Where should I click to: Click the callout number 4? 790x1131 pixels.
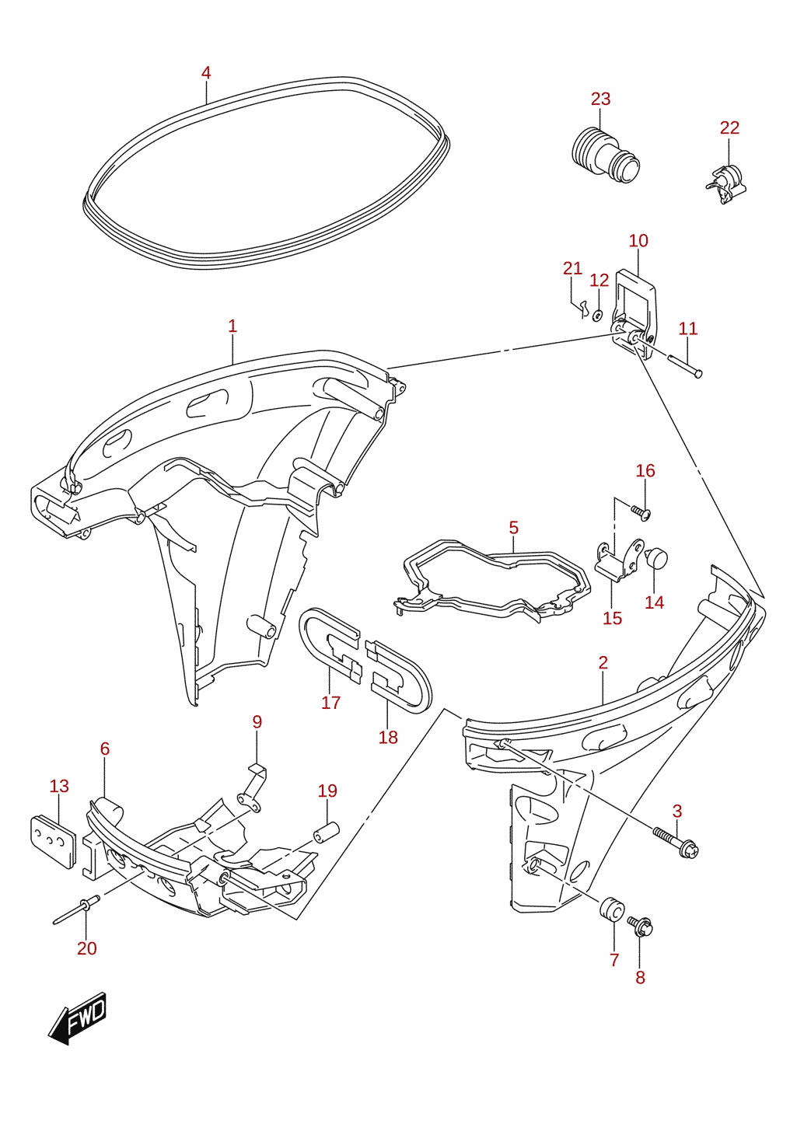click(x=205, y=73)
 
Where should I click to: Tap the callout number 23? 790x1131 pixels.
click(x=600, y=99)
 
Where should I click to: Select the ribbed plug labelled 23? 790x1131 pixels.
click(x=605, y=156)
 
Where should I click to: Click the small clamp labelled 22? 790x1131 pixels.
click(x=725, y=185)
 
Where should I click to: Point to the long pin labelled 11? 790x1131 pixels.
click(x=684, y=366)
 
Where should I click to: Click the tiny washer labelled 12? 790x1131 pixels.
click(x=597, y=316)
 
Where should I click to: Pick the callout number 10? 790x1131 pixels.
click(x=638, y=241)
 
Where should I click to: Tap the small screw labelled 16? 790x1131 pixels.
click(x=641, y=512)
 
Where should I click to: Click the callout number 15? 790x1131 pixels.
click(x=612, y=618)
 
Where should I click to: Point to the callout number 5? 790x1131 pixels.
click(x=513, y=528)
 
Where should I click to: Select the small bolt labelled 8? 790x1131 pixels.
click(x=641, y=926)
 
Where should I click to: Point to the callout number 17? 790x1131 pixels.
click(x=330, y=703)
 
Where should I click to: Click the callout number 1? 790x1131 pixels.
click(x=232, y=326)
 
